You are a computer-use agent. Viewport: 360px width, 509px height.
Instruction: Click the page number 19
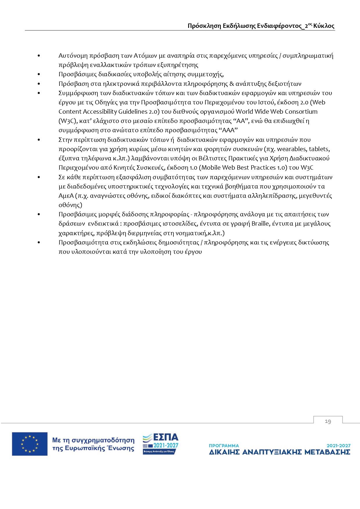point(328,421)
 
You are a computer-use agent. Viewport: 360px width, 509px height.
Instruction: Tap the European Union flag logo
point(30,444)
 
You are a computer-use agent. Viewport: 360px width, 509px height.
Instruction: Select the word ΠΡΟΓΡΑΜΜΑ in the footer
point(224,445)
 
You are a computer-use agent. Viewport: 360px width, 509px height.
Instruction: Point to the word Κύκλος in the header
point(324,26)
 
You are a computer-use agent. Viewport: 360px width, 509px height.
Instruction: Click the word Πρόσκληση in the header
point(204,26)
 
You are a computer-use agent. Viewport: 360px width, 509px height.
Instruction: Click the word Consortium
point(301,112)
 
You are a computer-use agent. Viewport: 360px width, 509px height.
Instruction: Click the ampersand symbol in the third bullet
point(231,84)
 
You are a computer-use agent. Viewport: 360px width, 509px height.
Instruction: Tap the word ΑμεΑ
point(66,196)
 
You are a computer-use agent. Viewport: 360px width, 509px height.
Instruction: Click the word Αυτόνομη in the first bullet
point(73,56)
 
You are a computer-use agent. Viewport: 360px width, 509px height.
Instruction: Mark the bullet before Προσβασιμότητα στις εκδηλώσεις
point(39,242)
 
